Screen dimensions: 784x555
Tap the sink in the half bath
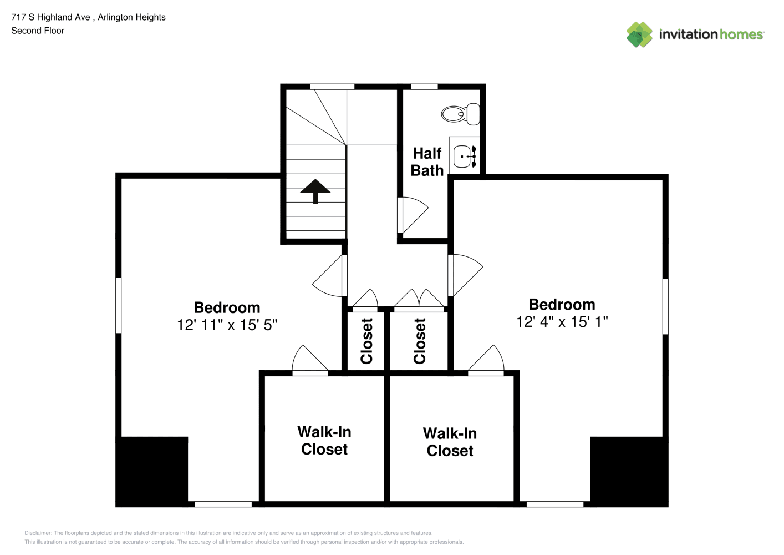pyautogui.click(x=465, y=157)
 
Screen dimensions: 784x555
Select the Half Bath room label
pyautogui.click(x=427, y=162)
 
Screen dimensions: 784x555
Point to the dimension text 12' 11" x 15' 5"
pyautogui.click(x=227, y=325)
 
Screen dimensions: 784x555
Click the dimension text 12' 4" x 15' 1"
pyautogui.click(x=562, y=322)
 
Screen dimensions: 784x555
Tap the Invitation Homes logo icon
pyautogui.click(x=639, y=34)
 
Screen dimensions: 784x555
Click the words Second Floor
pyautogui.click(x=38, y=31)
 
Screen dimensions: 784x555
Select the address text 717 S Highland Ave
pyautogui.click(x=51, y=17)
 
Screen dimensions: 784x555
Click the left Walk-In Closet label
pyautogui.click(x=324, y=441)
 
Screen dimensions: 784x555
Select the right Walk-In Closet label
pyautogui.click(x=450, y=442)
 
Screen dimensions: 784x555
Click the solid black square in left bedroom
pyautogui.click(x=152, y=471)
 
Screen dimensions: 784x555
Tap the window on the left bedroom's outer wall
pyautogui.click(x=118, y=305)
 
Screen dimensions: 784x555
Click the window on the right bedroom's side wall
pyautogui.click(x=665, y=306)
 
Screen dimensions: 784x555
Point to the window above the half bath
pyautogui.click(x=424, y=87)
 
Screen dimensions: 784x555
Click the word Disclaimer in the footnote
pyautogui.click(x=38, y=533)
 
